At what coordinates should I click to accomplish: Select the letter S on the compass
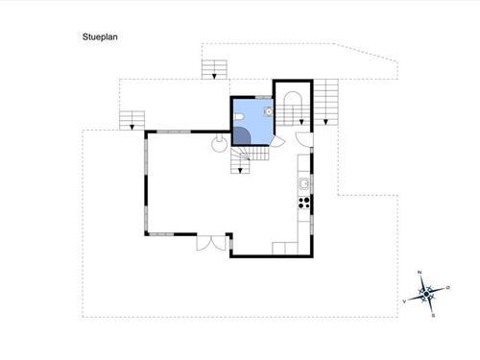(434, 313)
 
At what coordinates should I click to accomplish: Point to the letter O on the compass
(447, 287)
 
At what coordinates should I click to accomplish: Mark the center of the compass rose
(427, 294)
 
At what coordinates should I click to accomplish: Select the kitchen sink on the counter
(303, 183)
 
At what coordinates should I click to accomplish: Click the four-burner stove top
(304, 203)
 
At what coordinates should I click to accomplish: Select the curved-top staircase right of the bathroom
(291, 105)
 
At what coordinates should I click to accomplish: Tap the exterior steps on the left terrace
(132, 119)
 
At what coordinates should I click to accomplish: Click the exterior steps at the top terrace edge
(215, 68)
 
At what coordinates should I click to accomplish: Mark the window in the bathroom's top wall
(252, 97)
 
